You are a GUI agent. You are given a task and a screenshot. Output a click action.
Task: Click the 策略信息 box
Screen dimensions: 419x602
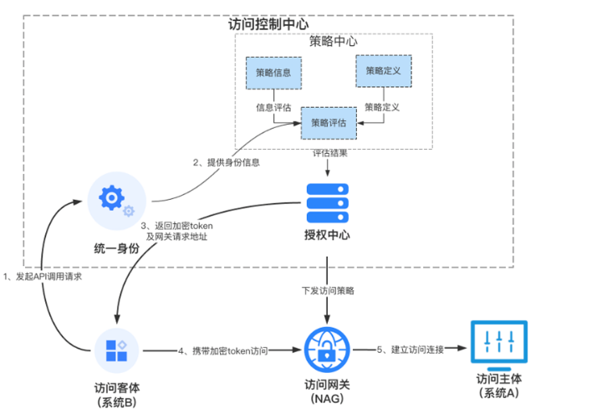[x=273, y=73]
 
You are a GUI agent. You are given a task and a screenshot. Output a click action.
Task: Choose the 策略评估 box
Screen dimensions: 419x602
[x=329, y=122]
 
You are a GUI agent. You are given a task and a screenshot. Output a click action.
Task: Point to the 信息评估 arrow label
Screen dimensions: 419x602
[x=273, y=107]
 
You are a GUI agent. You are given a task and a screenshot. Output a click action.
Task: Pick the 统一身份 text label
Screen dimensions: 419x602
[x=115, y=248]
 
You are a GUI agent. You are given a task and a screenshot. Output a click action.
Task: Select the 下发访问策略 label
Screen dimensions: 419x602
[x=328, y=291]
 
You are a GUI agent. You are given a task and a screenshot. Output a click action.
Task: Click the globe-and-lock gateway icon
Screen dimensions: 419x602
[x=327, y=349]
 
